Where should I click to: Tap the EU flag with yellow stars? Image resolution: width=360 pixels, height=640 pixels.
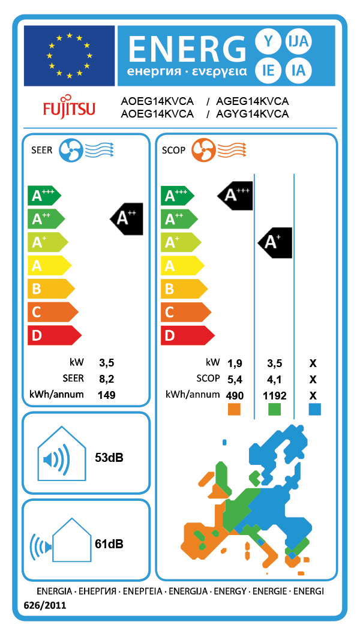click(69, 55)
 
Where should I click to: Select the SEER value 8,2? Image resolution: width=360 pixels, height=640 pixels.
click(107, 379)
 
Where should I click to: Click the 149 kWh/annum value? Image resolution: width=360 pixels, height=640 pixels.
click(107, 395)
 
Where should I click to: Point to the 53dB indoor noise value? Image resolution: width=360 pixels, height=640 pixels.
click(109, 458)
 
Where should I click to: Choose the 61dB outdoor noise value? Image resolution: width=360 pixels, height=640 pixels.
click(109, 544)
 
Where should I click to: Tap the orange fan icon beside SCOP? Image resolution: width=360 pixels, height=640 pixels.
click(203, 150)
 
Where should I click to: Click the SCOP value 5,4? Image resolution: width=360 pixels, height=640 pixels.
click(235, 379)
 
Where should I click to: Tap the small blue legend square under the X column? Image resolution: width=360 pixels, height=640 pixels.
click(314, 409)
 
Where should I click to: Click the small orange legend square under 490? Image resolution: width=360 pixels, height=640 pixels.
click(234, 409)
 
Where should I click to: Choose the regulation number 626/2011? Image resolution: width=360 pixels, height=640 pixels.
click(45, 606)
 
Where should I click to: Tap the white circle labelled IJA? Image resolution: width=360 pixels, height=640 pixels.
click(298, 41)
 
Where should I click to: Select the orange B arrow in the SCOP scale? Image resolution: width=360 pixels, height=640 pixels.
click(183, 289)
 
